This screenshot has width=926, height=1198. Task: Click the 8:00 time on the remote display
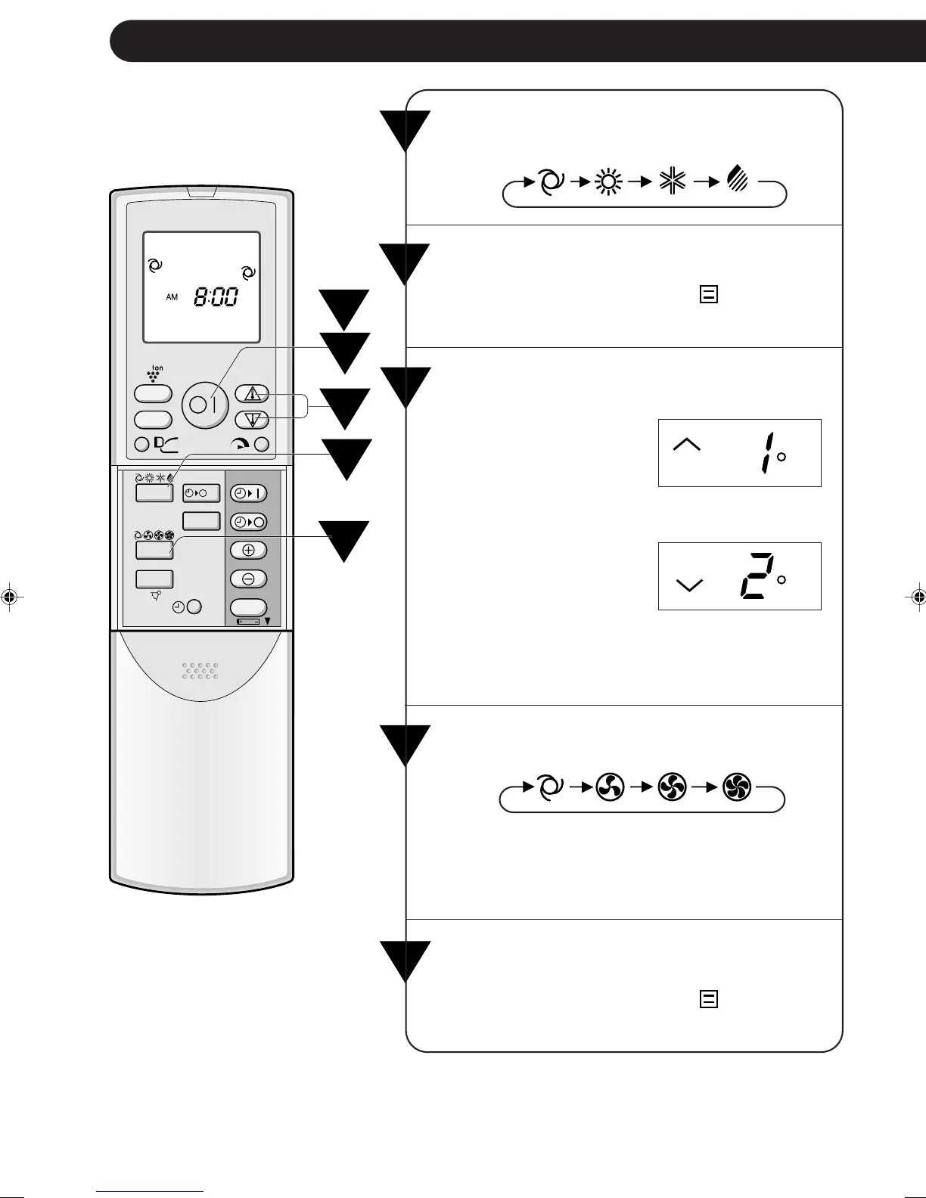click(216, 296)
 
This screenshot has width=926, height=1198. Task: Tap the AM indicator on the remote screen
click(172, 297)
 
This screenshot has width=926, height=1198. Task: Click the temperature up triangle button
click(252, 394)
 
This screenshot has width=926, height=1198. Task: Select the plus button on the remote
click(248, 550)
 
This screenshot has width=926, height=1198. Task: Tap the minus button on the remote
click(248, 579)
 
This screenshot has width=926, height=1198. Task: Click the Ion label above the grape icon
click(158, 368)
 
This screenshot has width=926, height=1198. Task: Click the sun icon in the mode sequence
click(607, 182)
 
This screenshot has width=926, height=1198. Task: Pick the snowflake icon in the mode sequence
click(672, 182)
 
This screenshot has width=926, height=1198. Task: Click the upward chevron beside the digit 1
click(687, 445)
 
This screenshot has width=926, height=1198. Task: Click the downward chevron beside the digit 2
click(688, 585)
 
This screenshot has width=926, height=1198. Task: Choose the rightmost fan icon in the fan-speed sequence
click(737, 788)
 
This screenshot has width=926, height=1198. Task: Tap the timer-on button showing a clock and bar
click(248, 493)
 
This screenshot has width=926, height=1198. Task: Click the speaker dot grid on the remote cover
click(201, 670)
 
